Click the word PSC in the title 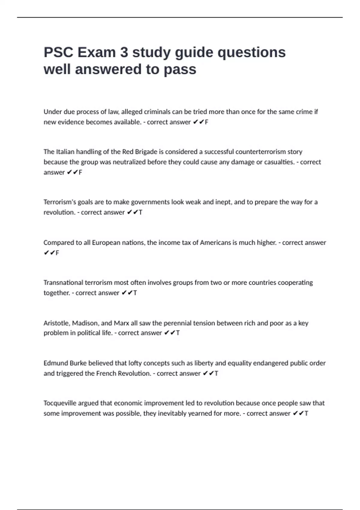(x=58, y=52)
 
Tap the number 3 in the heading (x=124, y=52)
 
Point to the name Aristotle (x=56, y=323)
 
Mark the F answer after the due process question (x=206, y=122)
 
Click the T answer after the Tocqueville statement (x=306, y=413)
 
